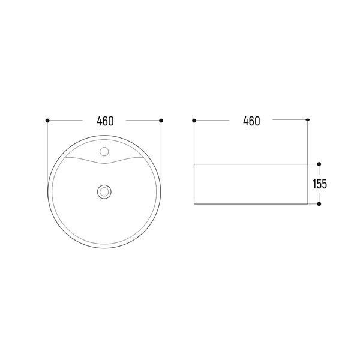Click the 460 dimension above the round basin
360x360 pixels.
(105, 121)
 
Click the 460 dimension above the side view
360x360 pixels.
(251, 121)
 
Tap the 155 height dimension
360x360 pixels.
(320, 184)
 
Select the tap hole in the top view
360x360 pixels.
(104, 152)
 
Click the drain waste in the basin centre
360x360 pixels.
(104, 192)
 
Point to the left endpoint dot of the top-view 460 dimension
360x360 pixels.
(47, 121)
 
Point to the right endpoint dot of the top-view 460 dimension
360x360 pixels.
(161, 121)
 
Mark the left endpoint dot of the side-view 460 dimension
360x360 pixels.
(194, 121)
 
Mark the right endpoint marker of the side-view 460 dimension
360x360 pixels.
(308, 119)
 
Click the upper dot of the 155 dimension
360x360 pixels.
(319, 164)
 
